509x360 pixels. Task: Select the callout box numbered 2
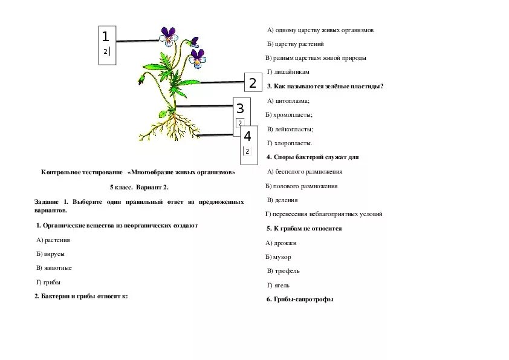pyautogui.click(x=253, y=83)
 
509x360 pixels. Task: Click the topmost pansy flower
pyautogui.click(x=168, y=36)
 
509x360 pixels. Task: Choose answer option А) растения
pyautogui.click(x=53, y=240)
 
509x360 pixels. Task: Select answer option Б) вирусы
pyautogui.click(x=51, y=254)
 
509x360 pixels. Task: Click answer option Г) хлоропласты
pyautogui.click(x=290, y=143)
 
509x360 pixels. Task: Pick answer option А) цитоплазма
pyautogui.click(x=288, y=100)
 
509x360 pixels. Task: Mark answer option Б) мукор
pyautogui.click(x=278, y=257)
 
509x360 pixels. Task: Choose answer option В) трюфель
pyautogui.click(x=284, y=271)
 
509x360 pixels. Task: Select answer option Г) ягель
pyautogui.click(x=279, y=285)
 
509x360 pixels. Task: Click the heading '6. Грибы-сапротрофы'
pyautogui.click(x=300, y=299)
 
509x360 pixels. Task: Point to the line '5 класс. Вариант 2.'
pyautogui.click(x=139, y=187)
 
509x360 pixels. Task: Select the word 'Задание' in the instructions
pyautogui.click(x=47, y=201)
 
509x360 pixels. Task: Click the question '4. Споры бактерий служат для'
pyautogui.click(x=313, y=157)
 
